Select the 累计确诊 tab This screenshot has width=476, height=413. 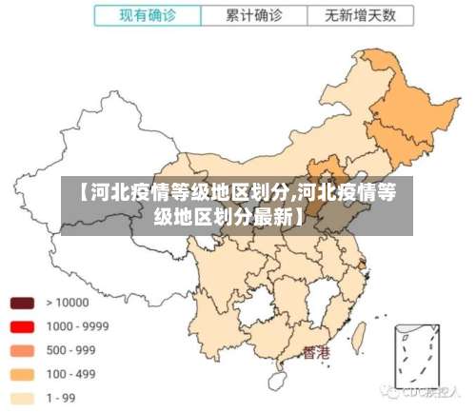[x=253, y=15]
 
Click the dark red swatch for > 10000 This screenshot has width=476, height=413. [x=23, y=304]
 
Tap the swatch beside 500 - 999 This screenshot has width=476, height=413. [x=23, y=350]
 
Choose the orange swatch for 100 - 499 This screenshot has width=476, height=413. [x=23, y=374]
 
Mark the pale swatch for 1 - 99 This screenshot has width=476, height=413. [x=23, y=398]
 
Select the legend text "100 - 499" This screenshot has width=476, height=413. [x=71, y=374]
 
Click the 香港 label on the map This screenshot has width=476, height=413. [x=317, y=353]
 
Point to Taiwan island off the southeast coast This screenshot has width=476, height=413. [x=361, y=335]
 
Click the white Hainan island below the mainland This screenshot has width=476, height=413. [x=283, y=379]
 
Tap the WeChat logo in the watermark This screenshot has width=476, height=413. [x=390, y=390]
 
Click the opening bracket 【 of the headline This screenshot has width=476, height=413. [x=73, y=193]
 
